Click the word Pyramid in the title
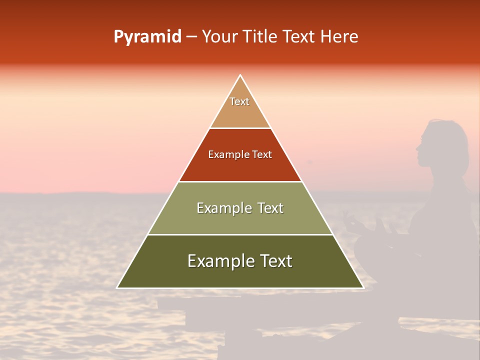[147, 37]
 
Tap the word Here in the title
[339, 37]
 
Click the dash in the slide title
[191, 37]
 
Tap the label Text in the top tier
[239, 101]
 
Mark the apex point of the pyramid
[240, 75]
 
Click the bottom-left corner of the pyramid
[117, 288]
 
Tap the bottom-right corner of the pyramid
[363, 288]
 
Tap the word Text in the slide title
[299, 37]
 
